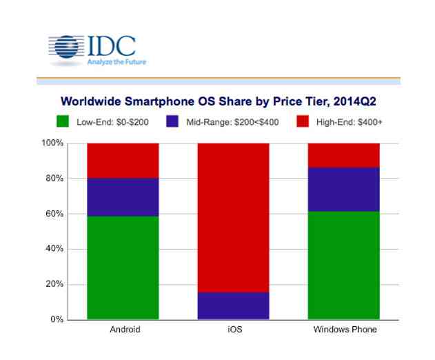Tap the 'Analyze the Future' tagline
click(115, 61)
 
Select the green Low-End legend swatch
click(62, 122)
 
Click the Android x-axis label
click(125, 330)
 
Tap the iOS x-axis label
click(234, 330)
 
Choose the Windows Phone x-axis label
click(345, 330)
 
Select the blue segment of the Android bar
click(123, 197)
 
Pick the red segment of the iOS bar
click(234, 217)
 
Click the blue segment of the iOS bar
click(234, 305)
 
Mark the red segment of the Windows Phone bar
click(344, 155)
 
